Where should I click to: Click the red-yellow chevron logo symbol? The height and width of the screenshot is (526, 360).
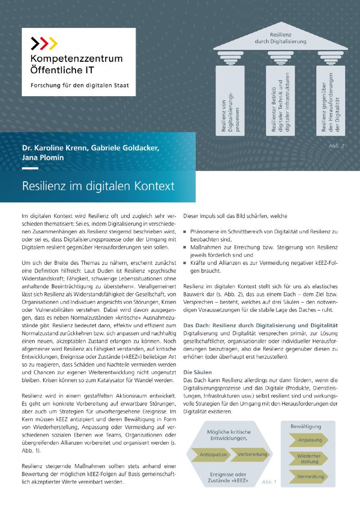point(44,43)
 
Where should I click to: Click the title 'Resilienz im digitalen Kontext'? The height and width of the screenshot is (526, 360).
point(99,185)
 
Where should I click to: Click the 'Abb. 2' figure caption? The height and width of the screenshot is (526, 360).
point(336,146)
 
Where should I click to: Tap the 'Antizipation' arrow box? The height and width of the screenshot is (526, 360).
point(213,455)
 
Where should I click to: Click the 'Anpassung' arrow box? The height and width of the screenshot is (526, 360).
point(310,440)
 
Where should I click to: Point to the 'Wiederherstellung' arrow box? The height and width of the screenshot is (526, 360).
point(310,459)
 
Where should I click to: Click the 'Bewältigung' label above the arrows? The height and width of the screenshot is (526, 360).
point(306,425)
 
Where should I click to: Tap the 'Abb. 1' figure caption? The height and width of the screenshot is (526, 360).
point(269,482)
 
